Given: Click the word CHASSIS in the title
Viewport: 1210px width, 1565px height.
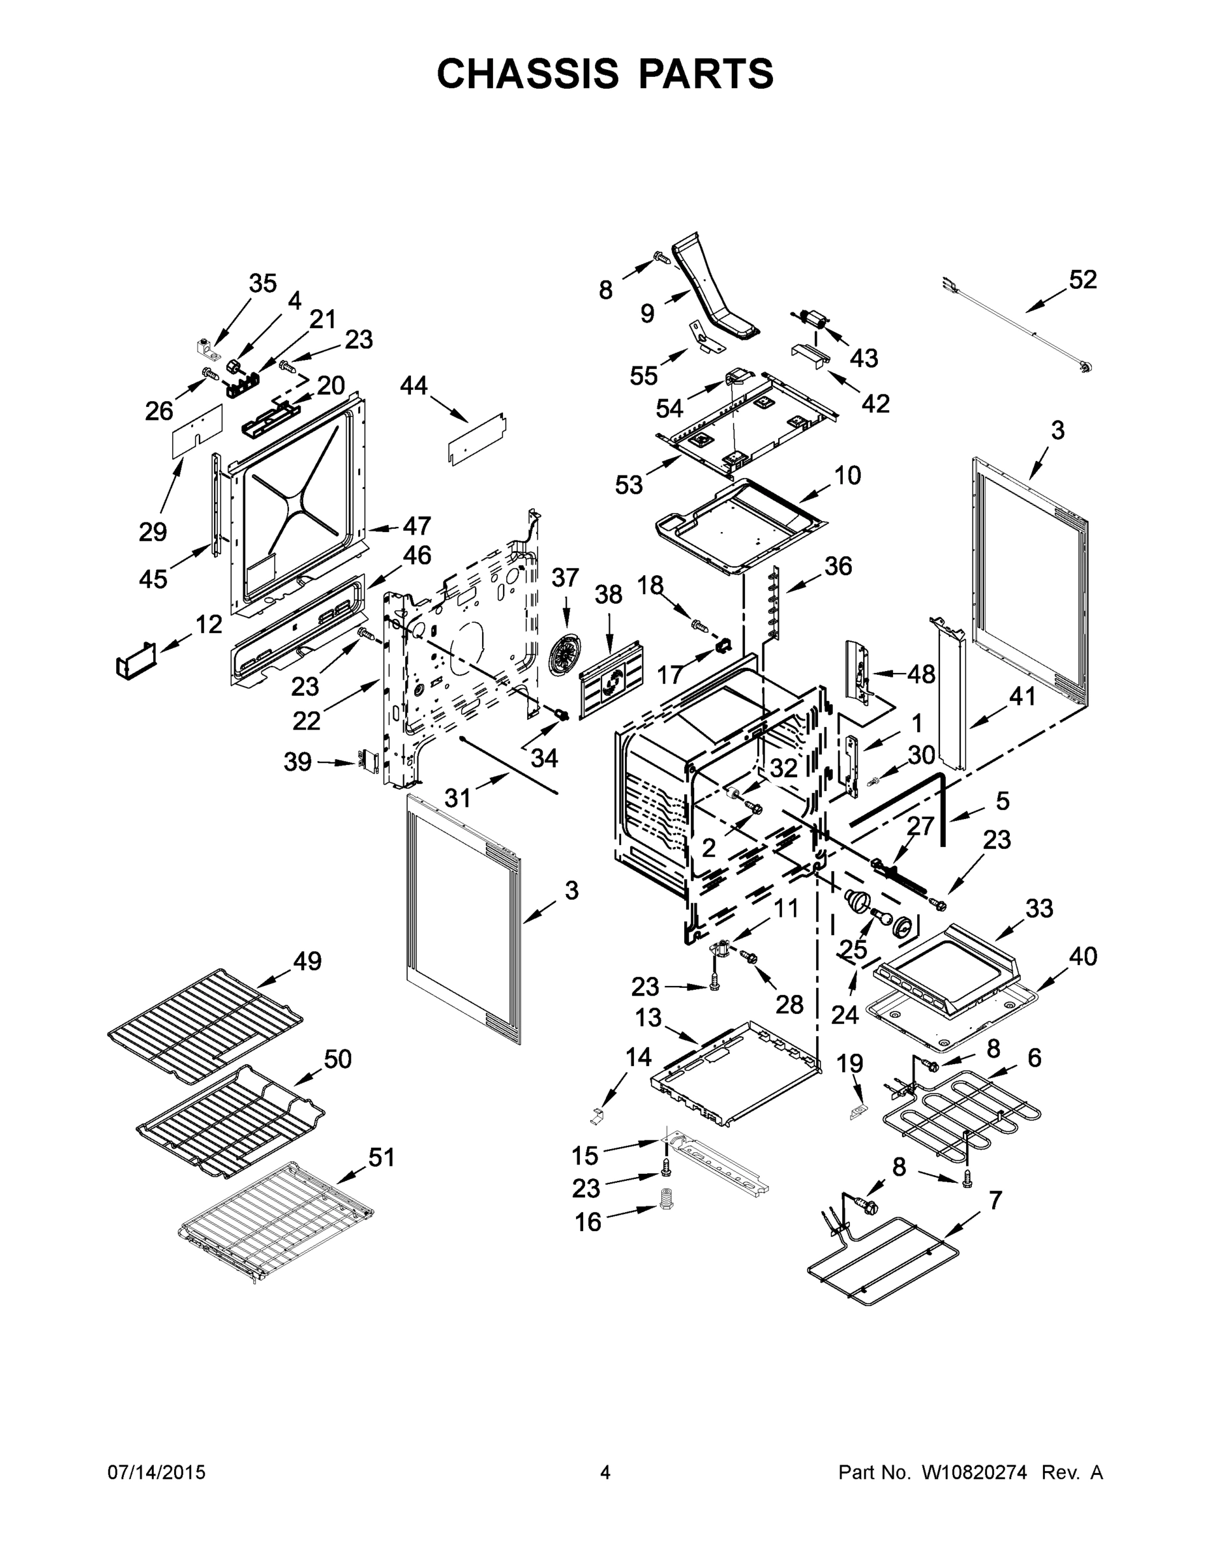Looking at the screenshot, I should coord(528,74).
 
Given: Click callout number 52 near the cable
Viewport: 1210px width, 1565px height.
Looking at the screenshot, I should coord(1082,280).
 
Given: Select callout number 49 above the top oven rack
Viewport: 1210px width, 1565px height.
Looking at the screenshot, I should coord(307,961).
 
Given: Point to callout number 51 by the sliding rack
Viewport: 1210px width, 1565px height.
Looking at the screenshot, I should coord(382,1157).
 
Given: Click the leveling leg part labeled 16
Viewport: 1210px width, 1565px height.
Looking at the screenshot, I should coord(668,1217).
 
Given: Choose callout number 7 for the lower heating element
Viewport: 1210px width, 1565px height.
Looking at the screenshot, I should coord(995,1200).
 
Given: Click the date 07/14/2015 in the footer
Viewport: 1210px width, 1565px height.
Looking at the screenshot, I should coord(157,1472).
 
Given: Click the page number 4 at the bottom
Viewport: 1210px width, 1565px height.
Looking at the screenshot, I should coord(605,1472).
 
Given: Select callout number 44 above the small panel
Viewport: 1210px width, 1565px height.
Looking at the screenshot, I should coord(414,386).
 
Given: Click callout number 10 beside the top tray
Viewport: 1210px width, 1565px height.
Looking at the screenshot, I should coord(847,475).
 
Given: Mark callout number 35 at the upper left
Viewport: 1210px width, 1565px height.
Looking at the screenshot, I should coord(262,284).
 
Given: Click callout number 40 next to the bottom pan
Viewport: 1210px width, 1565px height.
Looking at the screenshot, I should coord(1082,956).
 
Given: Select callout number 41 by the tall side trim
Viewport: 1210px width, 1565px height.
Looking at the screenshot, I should coord(1021,696).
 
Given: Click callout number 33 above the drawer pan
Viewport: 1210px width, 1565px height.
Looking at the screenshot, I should coord(1038,908).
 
